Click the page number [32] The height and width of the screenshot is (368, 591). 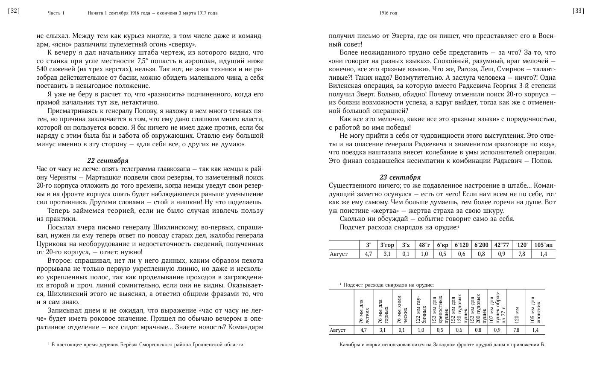(x=14, y=12)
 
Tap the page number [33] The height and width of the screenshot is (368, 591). (x=578, y=12)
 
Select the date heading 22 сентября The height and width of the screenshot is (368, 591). (x=108, y=161)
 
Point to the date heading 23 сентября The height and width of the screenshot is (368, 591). (x=400, y=177)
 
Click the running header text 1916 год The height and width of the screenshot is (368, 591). (x=388, y=13)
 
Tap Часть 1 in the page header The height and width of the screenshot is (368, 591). (x=56, y=13)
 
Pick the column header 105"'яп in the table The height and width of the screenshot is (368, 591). (x=543, y=245)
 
